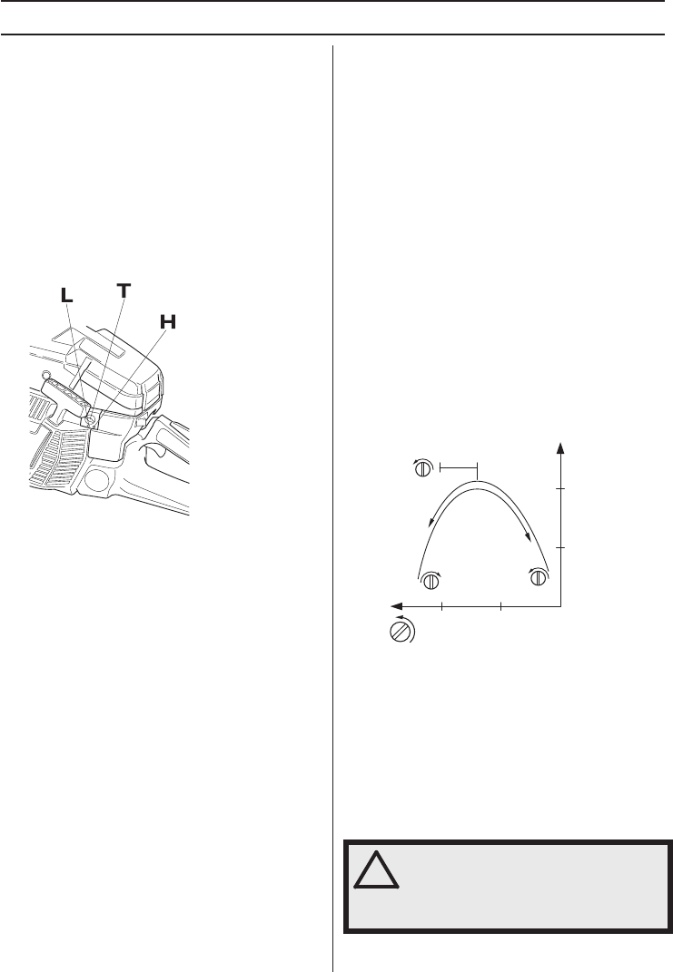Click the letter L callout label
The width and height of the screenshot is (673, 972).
pos(66,296)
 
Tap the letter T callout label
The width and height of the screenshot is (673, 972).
pos(124,290)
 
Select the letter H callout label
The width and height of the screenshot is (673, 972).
pos(168,322)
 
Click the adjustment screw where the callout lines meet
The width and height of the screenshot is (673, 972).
pos(93,420)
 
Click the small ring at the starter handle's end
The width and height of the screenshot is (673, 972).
pos(45,375)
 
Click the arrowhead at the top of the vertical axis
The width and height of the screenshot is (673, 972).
pos(560,449)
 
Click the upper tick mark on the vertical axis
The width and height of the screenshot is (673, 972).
pos(560,489)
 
